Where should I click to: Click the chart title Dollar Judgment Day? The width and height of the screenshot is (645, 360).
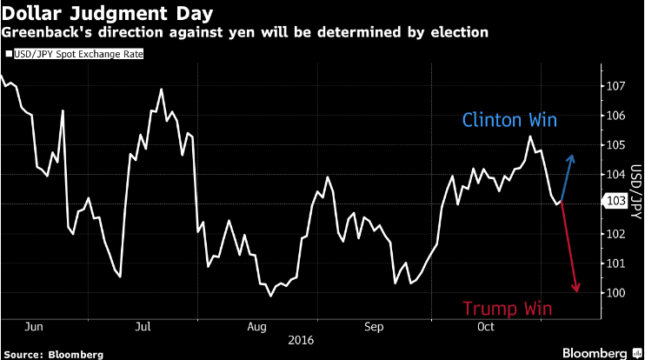tap(108, 13)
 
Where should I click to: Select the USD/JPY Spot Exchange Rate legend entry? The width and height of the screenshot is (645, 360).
tap(75, 54)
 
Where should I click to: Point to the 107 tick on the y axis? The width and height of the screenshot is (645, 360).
tap(615, 86)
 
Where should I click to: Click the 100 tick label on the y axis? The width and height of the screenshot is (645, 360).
tap(615, 293)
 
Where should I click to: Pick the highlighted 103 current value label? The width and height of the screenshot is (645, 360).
tap(615, 201)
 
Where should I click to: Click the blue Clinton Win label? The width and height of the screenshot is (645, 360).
tap(509, 120)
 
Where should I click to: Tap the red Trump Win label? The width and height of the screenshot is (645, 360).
tap(507, 309)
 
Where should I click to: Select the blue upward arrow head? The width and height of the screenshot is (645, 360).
tap(571, 159)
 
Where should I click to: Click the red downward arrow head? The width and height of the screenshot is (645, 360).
tap(575, 288)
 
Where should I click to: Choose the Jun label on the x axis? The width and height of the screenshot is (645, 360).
tap(34, 327)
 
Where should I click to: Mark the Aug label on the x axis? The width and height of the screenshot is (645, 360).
tap(257, 327)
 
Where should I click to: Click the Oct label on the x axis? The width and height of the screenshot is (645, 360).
tap(486, 327)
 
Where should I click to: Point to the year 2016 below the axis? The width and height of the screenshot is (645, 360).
tap(301, 340)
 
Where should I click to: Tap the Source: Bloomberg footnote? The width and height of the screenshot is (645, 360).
tap(54, 355)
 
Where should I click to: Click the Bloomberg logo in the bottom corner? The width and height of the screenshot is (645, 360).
tap(601, 353)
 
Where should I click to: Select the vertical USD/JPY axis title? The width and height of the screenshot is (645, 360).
tap(636, 191)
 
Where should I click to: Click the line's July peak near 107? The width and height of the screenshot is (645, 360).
tap(161, 90)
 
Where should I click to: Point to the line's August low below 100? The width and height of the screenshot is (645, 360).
tap(270, 296)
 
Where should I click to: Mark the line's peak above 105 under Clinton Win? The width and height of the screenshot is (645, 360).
tap(530, 137)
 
